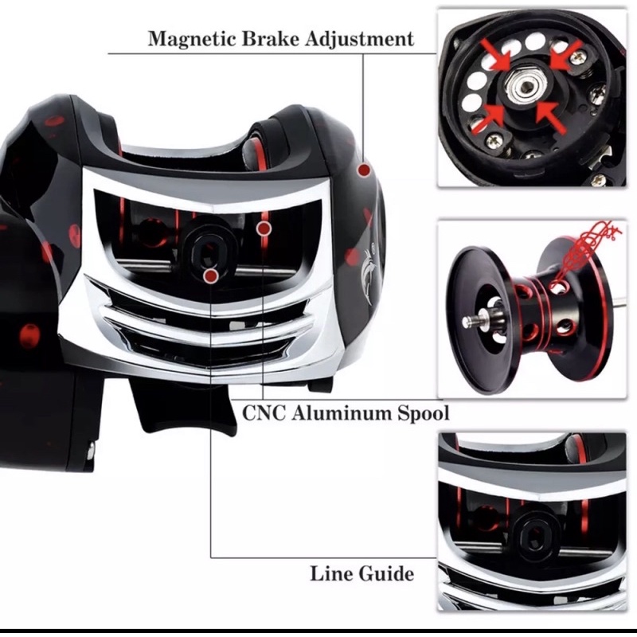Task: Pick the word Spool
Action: [x=421, y=412]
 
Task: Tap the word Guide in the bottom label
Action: [x=385, y=573]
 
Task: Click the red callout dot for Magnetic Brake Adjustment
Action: [x=364, y=170]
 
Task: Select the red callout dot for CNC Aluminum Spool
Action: [x=264, y=229]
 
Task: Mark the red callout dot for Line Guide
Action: [x=211, y=276]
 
